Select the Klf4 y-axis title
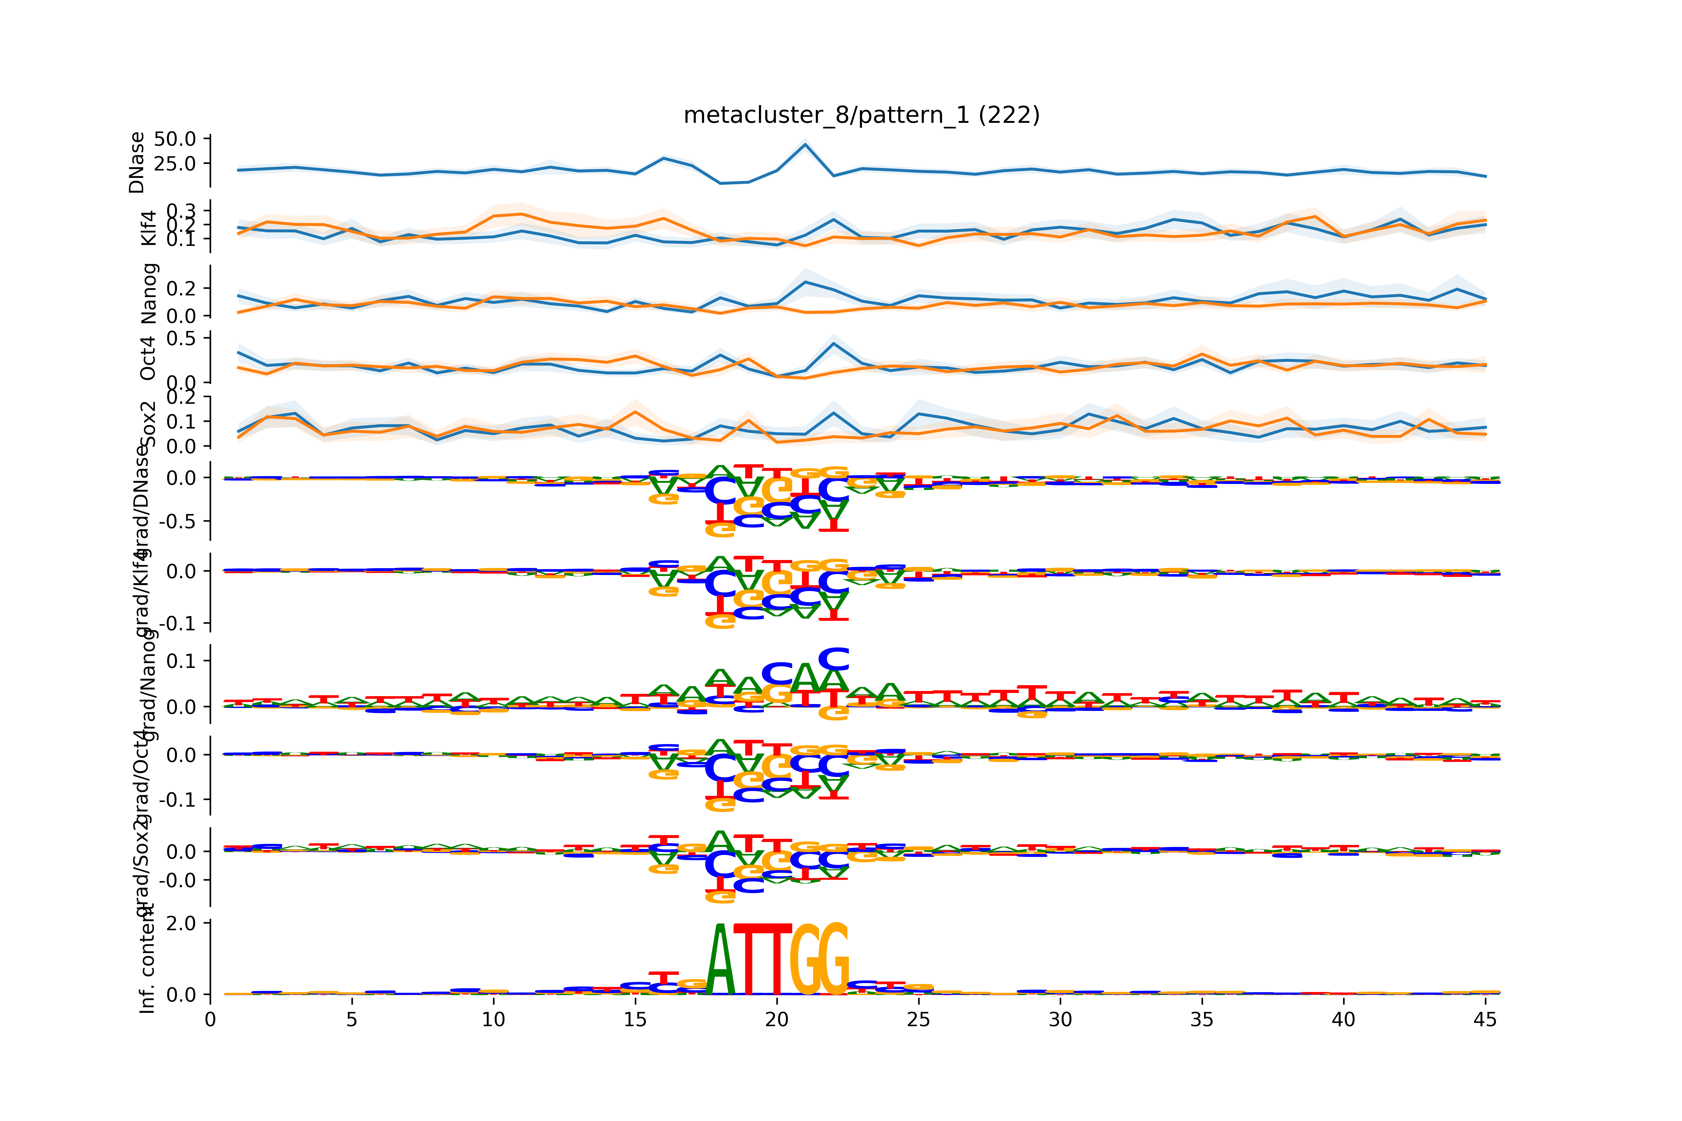[148, 227]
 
